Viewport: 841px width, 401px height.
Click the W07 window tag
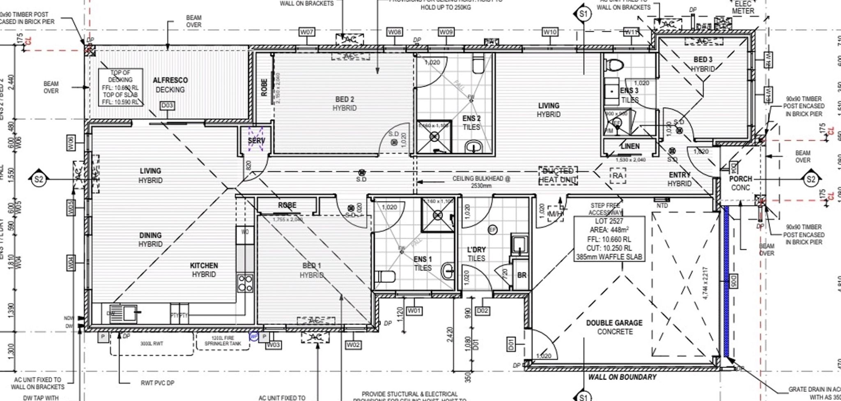tap(307, 32)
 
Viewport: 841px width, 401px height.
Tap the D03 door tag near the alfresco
tap(167, 106)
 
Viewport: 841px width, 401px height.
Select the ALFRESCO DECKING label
tap(170, 85)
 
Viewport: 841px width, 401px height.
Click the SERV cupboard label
tap(256, 141)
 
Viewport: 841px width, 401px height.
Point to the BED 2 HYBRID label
tap(345, 104)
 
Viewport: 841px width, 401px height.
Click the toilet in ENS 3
tap(615, 65)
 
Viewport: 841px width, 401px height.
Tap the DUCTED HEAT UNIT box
tap(558, 175)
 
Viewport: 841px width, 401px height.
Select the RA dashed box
tap(617, 176)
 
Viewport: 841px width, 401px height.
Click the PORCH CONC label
tap(740, 183)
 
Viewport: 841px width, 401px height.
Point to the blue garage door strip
tap(726, 281)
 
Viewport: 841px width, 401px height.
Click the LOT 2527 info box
tap(609, 239)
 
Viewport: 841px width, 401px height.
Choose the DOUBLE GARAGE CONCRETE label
tap(614, 327)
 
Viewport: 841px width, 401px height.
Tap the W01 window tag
tap(414, 311)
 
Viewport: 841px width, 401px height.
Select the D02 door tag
tap(483, 311)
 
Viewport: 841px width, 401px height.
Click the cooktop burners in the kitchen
tap(245, 283)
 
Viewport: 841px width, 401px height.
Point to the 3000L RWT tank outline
tap(152, 343)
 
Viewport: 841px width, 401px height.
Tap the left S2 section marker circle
tap(39, 179)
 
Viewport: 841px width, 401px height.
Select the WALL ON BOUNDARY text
tap(622, 377)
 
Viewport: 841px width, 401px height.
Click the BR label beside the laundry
tap(522, 275)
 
